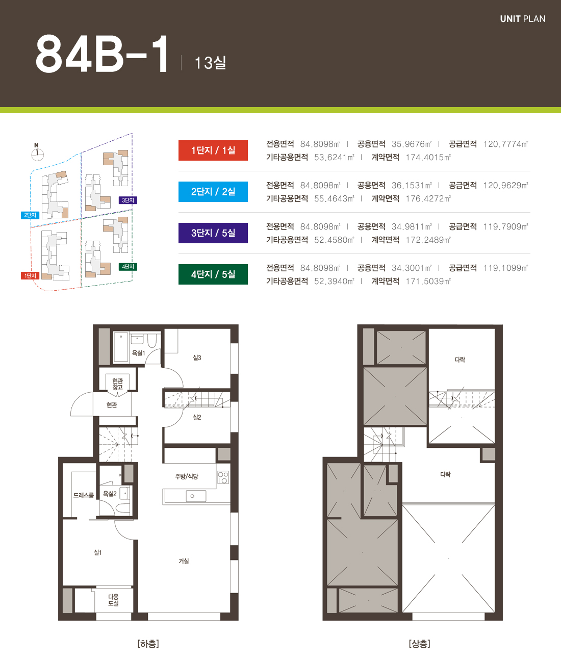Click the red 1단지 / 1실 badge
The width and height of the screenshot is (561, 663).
click(213, 150)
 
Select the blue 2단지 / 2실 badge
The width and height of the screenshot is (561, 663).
click(213, 191)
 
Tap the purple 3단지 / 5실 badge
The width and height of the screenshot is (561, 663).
click(213, 233)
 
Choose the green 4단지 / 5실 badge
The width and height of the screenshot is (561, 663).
click(213, 274)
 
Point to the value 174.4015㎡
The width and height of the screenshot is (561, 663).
click(428, 157)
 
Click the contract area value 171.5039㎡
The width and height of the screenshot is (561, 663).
click(428, 282)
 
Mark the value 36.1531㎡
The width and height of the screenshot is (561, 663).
click(412, 185)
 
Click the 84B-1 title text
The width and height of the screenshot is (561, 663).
click(102, 54)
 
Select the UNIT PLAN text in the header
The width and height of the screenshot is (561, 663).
click(523, 19)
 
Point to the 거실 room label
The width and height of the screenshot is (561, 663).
click(184, 561)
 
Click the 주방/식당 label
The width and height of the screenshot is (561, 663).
click(186, 476)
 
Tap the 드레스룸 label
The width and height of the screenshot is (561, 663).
click(84, 495)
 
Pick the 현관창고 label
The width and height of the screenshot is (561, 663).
click(117, 384)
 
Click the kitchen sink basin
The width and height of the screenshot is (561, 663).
click(196, 496)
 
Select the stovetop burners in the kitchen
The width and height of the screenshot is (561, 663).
click(223, 477)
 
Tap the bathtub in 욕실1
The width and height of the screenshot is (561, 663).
click(121, 347)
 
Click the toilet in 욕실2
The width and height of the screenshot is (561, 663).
click(123, 508)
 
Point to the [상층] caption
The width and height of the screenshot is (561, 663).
click(419, 644)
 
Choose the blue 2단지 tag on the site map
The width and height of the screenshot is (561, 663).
click(30, 215)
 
